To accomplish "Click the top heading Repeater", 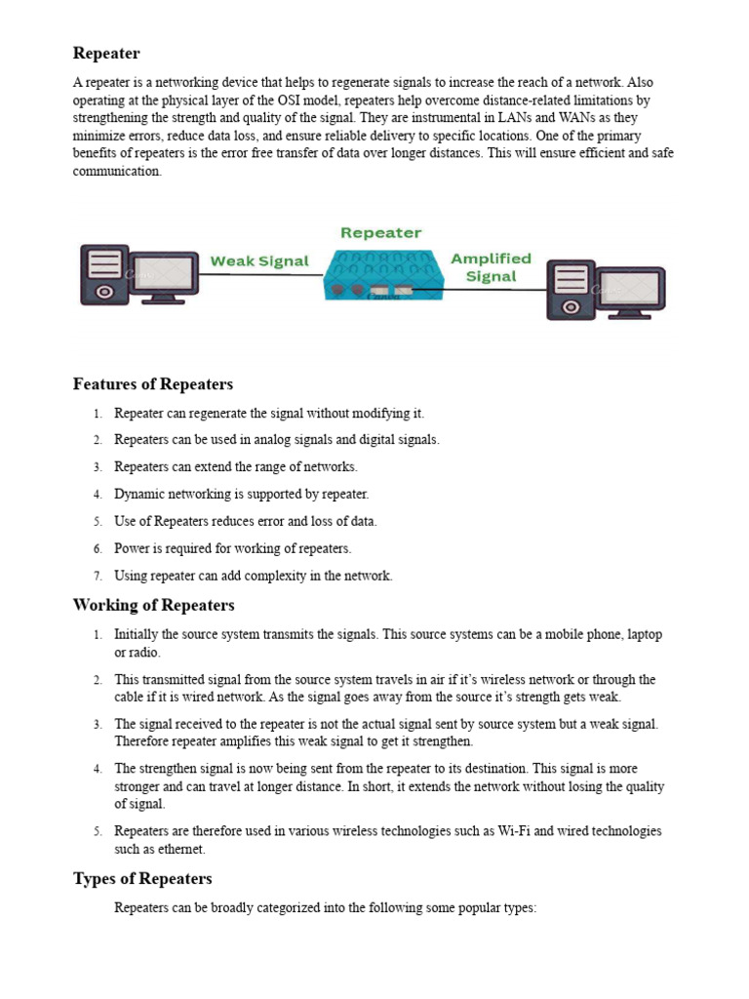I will point(106,53).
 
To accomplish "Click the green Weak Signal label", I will point(259,261).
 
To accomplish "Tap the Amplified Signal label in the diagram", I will point(491,267).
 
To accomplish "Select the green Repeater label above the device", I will point(380,233).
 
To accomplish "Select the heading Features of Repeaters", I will point(153,383).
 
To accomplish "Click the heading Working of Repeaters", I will point(153,605).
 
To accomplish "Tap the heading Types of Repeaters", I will point(142,879).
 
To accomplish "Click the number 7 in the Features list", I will point(98,576).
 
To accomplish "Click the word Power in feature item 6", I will point(131,548).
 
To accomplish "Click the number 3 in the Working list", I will point(98,724).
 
